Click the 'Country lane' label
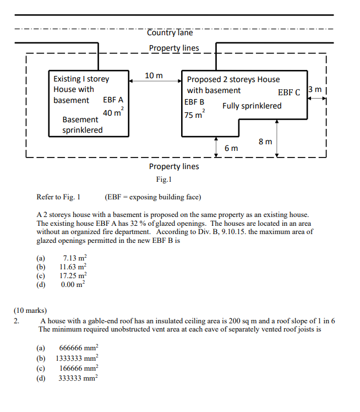pyautogui.click(x=170, y=32)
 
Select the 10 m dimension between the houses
pyautogui.click(x=153, y=75)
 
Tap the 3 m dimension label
pyautogui.click(x=317, y=90)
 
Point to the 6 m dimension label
pyautogui.click(x=231, y=148)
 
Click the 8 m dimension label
pyautogui.click(x=265, y=142)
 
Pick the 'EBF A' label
pyautogui.click(x=113, y=100)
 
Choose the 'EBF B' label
pyautogui.click(x=194, y=102)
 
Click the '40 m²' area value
pyautogui.click(x=113, y=113)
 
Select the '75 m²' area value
pyautogui.click(x=195, y=115)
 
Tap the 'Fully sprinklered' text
pyautogui.click(x=252, y=106)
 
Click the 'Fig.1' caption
pyautogui.click(x=163, y=179)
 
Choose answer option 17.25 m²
pyautogui.click(x=73, y=275)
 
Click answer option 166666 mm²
pyautogui.click(x=78, y=368)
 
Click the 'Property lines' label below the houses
pyautogui.click(x=174, y=166)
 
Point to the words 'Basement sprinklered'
pyautogui.click(x=82, y=124)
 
